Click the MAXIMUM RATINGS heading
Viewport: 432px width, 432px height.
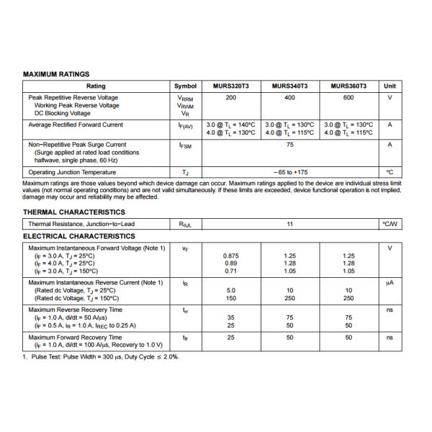coord(56,74)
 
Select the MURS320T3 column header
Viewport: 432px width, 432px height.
coord(230,86)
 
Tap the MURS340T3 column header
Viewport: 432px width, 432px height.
coord(289,86)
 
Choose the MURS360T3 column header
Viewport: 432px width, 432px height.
coord(348,86)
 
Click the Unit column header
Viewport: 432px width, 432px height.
coord(390,86)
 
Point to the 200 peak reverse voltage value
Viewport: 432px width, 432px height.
coord(230,97)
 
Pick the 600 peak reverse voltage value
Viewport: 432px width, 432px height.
coord(348,97)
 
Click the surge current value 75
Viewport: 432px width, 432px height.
coord(289,145)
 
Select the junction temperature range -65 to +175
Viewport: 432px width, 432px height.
coord(290,172)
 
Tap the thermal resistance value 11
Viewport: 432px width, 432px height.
coord(289,224)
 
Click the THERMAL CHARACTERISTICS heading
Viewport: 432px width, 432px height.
coord(74,212)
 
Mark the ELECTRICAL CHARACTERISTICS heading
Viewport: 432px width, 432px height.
coord(79,236)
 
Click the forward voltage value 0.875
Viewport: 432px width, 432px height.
coord(230,256)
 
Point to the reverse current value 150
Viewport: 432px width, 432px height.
coord(230,298)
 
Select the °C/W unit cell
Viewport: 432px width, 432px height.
coord(390,224)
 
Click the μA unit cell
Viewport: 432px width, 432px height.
coord(390,282)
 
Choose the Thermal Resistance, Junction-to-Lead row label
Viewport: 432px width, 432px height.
coord(81,224)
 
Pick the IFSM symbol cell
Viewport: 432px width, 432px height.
coord(185,145)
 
